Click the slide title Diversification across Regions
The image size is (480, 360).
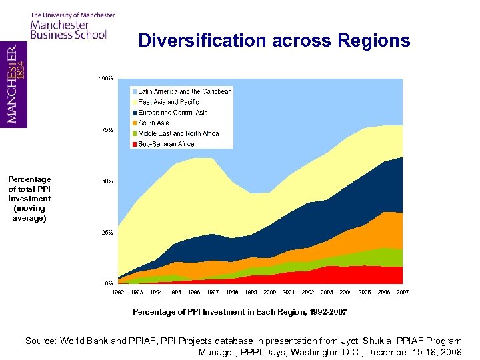(274, 41)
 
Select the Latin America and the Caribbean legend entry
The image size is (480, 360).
(185, 91)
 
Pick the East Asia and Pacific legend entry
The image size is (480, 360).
(168, 102)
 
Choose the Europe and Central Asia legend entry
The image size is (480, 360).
(173, 113)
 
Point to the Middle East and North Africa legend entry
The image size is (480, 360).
(178, 133)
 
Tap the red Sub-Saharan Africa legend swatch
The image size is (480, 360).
(134, 144)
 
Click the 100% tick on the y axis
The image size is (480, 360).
(105, 79)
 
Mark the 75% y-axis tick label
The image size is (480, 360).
(107, 130)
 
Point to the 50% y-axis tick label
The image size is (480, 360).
(107, 181)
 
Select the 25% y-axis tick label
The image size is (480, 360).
(107, 233)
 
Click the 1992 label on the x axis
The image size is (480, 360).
(117, 292)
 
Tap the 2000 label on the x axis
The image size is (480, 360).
(269, 292)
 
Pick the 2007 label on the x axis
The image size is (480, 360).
(403, 292)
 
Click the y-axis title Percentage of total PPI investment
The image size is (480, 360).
(29, 199)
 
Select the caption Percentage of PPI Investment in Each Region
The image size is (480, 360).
(239, 312)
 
